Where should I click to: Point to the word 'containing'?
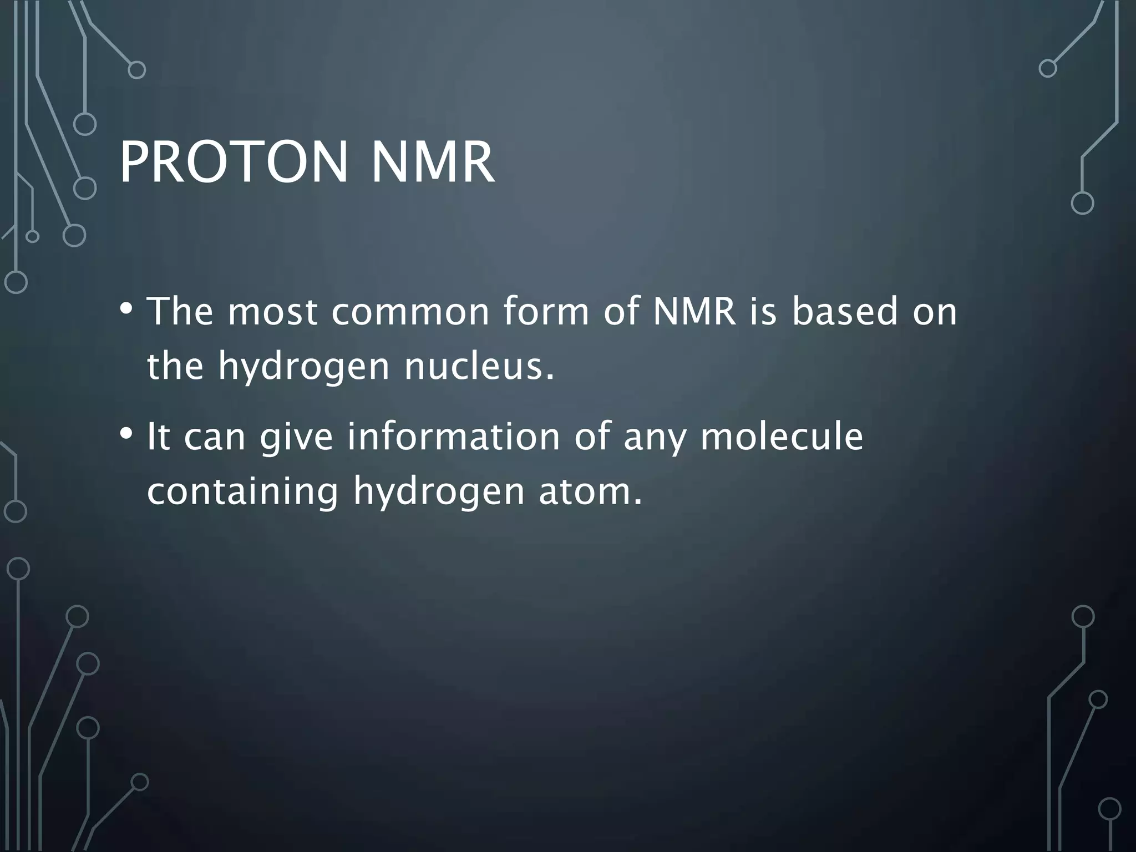pos(242,493)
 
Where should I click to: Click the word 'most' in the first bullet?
pos(272,312)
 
